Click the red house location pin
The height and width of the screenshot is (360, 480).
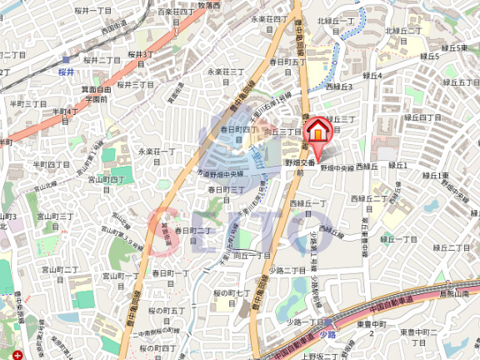tap(317, 132)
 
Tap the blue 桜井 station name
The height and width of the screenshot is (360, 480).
tap(67, 72)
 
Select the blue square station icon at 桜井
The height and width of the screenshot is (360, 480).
tap(67, 59)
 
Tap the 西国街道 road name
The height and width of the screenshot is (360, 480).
tap(114, 30)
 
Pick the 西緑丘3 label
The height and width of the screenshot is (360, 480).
tap(339, 86)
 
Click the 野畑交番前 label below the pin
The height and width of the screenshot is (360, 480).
tap(298, 161)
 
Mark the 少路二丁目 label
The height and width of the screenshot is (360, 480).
tap(287, 271)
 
